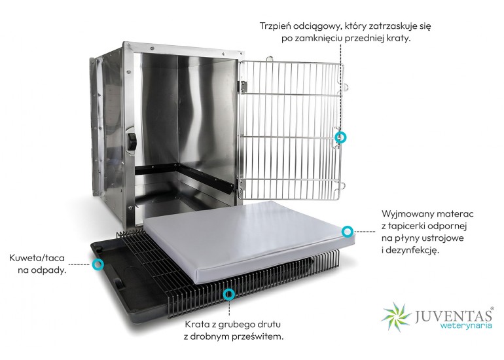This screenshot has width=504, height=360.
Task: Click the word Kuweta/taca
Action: [x=37, y=258]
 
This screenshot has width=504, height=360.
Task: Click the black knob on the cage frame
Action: [x=132, y=142]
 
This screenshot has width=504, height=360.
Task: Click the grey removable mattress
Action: [x=251, y=241]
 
